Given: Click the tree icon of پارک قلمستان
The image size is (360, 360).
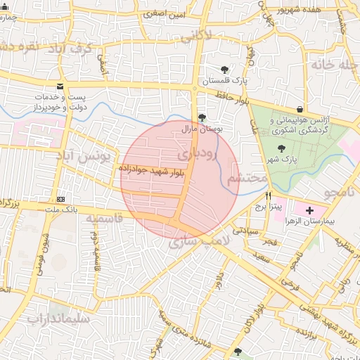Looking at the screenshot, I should (x=224, y=69).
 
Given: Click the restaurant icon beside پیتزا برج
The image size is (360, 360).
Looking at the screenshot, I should (x=267, y=195).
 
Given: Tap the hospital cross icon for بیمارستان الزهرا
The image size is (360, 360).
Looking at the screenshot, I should (x=310, y=210).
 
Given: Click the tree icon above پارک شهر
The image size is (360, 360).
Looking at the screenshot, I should (x=281, y=148).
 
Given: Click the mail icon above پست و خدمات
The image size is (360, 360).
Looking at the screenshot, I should (x=59, y=85).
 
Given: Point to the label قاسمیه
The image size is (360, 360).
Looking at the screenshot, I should (x=104, y=219).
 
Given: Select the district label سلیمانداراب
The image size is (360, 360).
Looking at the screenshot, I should (x=59, y=319).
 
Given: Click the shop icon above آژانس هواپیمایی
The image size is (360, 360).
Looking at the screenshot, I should (x=300, y=109).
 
